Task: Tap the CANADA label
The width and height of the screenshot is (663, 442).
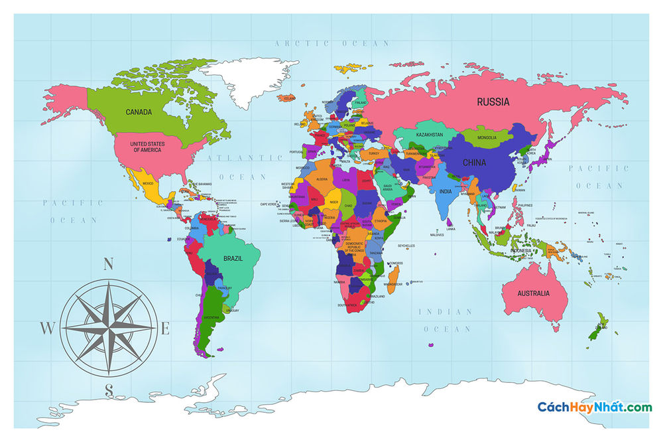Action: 139,112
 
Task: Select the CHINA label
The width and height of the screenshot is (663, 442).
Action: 474,163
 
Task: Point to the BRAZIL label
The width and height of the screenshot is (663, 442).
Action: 232,258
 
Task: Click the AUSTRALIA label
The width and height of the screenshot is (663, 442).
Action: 534,293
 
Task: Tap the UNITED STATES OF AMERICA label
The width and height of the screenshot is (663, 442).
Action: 147,147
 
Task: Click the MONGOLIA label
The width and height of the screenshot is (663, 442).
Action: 487,137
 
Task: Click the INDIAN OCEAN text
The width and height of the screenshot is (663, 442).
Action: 445,320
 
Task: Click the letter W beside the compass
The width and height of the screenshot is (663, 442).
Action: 47,328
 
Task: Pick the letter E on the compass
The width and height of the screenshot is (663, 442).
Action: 166,327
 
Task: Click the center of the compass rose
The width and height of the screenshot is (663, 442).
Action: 109,327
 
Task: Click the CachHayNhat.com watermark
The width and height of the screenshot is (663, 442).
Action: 594,407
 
